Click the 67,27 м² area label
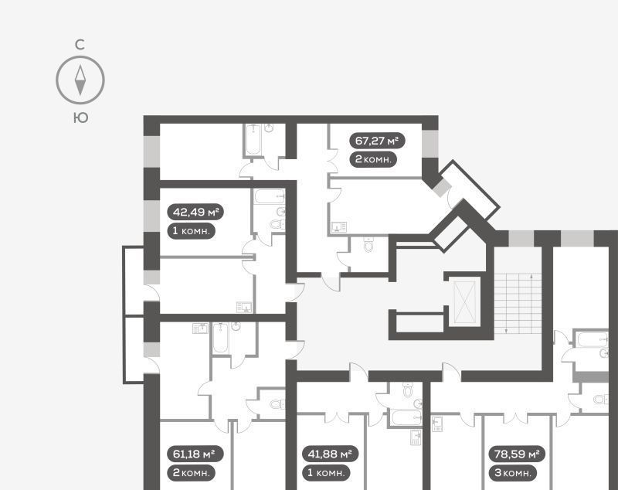pyautogui.click(x=377, y=141)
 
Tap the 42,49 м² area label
pyautogui.click(x=195, y=212)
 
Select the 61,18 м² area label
pyautogui.click(x=195, y=454)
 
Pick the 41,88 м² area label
pyautogui.click(x=330, y=454)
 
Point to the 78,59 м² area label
pyautogui.click(x=517, y=454)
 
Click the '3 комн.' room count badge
pyautogui.click(x=513, y=472)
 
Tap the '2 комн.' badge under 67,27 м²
pyautogui.click(x=373, y=159)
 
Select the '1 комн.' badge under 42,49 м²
pyautogui.click(x=192, y=230)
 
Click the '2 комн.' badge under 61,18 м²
pyautogui.click(x=192, y=472)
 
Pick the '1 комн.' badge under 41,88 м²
pyautogui.click(x=326, y=472)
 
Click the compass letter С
pyautogui.click(x=80, y=45)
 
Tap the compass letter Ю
pyautogui.click(x=80, y=117)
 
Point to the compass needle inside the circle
pyautogui.click(x=80, y=80)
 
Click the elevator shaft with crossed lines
pyautogui.click(x=465, y=301)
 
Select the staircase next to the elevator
pyautogui.click(x=518, y=303)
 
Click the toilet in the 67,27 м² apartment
pyautogui.click(x=368, y=244)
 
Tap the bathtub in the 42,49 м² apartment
pyautogui.click(x=269, y=196)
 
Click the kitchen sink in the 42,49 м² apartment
pyautogui.click(x=244, y=307)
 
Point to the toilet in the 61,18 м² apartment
pyautogui.click(x=277, y=404)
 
